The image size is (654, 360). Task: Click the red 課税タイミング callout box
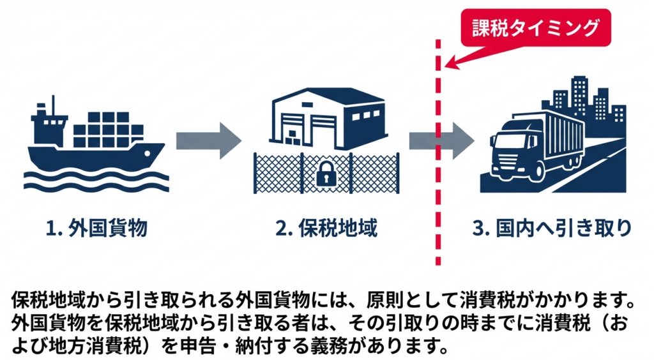[x=536, y=27]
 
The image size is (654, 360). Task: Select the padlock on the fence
[x=326, y=174]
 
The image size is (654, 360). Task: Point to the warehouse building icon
[x=328, y=118]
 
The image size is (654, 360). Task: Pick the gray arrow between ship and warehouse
[x=209, y=141]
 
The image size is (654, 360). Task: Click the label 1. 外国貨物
[x=96, y=229]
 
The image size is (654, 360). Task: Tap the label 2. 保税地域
[x=326, y=229]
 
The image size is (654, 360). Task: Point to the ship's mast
[x=53, y=106]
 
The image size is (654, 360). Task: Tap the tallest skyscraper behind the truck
[x=580, y=95]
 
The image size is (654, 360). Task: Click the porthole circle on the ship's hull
[x=147, y=154]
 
